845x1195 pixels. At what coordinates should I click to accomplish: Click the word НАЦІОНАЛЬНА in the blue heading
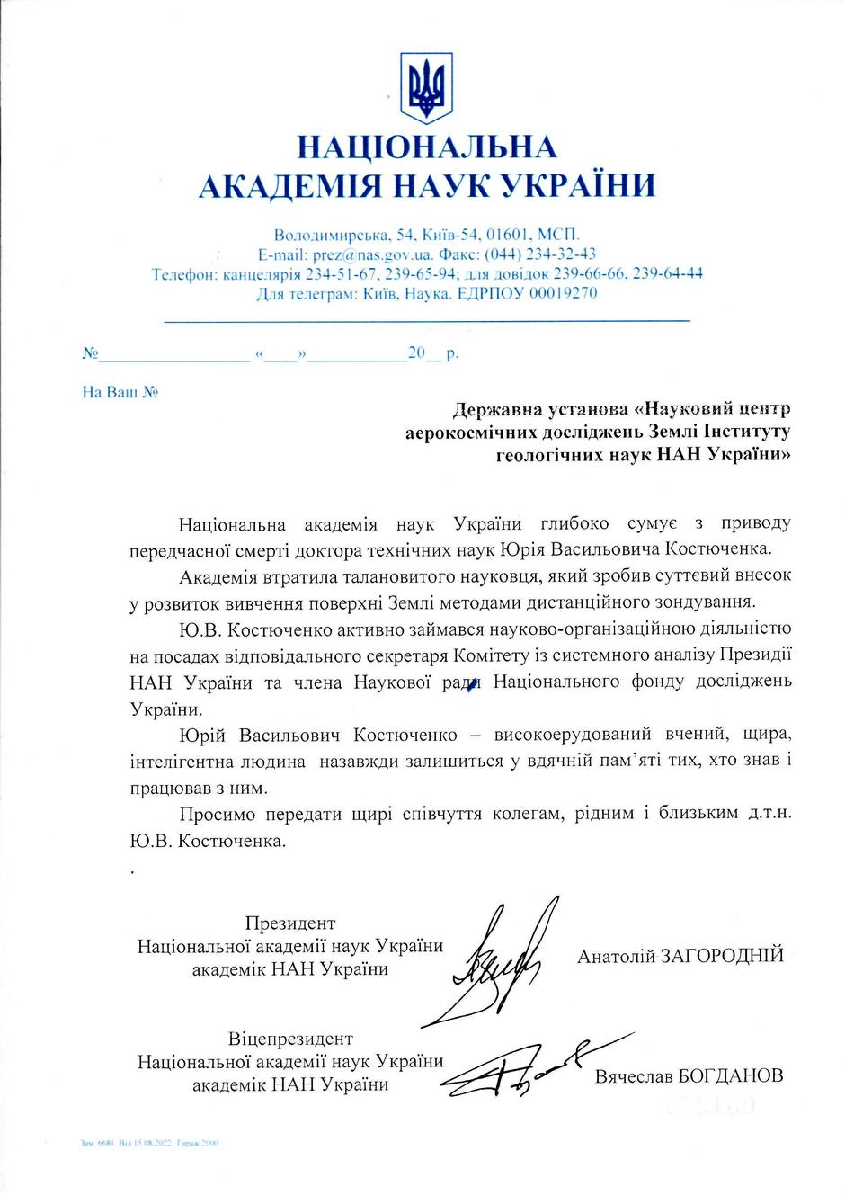tap(426, 147)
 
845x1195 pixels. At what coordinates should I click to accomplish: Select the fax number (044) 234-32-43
tap(541, 254)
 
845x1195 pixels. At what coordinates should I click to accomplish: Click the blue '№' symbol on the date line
tap(90, 354)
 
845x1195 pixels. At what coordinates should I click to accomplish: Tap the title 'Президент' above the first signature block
tap(289, 923)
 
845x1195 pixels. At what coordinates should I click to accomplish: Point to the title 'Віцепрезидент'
tap(290, 1039)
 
